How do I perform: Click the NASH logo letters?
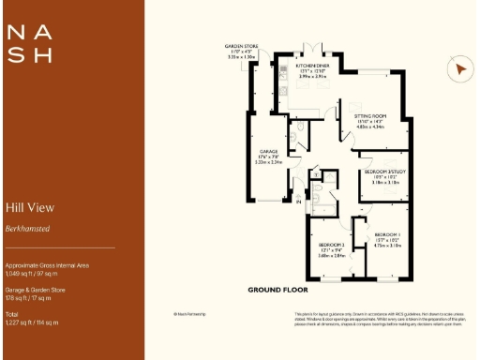29,43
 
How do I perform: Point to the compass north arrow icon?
458,69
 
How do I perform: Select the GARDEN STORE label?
240,46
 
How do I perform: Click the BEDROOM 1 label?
387,233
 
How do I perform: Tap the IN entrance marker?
297,200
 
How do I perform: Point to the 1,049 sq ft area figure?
31,273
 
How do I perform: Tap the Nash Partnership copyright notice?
189,314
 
